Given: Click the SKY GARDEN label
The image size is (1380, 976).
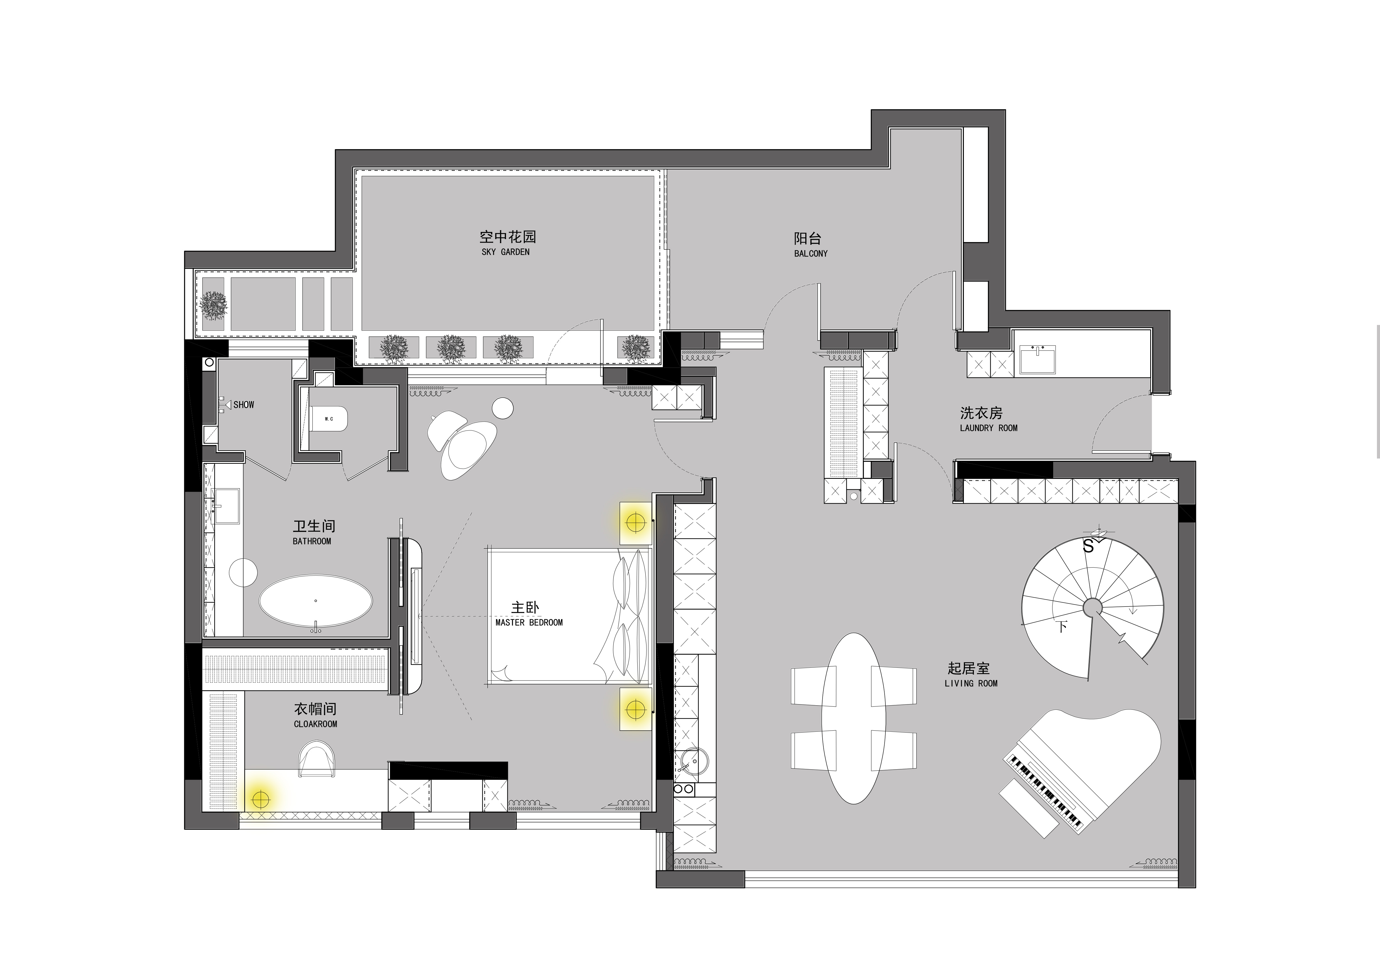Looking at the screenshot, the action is pyautogui.click(x=505, y=252).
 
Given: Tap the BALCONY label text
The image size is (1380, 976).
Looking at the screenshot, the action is pyautogui.click(x=811, y=254).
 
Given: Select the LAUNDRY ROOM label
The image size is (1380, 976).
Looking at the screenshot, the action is pyautogui.click(x=989, y=428).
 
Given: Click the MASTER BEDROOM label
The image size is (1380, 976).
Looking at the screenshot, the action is pyautogui.click(x=529, y=623).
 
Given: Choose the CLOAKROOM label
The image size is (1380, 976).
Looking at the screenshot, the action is pyautogui.click(x=315, y=724).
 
